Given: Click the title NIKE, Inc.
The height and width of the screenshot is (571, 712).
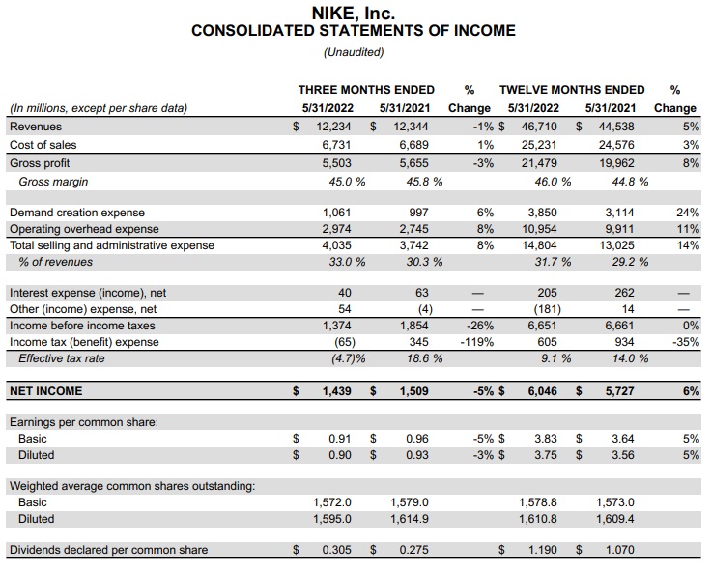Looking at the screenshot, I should [x=354, y=13].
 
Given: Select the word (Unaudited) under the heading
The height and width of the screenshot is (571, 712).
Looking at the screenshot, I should [x=354, y=52].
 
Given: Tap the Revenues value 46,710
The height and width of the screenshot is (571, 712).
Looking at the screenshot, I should [x=539, y=127].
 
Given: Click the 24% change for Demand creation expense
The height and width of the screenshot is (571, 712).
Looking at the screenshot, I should [x=687, y=213].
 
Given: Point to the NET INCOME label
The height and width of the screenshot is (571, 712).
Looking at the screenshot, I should [x=45, y=391].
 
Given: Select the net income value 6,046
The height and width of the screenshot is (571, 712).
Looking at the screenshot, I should [x=542, y=391].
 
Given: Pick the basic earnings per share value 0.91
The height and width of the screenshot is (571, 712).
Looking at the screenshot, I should [x=339, y=439].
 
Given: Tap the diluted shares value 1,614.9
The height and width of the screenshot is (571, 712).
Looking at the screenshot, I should [x=409, y=519].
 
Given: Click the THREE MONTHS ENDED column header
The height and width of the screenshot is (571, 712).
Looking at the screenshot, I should [x=366, y=90].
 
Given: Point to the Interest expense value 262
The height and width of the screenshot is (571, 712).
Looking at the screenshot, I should [x=625, y=293].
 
